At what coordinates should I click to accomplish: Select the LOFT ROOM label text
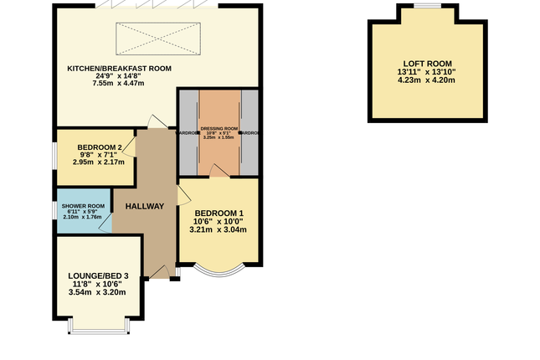(x=427, y=64)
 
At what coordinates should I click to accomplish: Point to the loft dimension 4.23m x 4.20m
(x=427, y=81)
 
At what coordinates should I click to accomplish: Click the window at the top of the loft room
(x=427, y=6)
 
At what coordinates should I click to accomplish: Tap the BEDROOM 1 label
(x=217, y=212)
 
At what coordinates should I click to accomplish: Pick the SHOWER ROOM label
(x=82, y=206)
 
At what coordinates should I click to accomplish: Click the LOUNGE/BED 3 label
(x=99, y=275)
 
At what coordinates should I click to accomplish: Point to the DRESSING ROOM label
(x=219, y=128)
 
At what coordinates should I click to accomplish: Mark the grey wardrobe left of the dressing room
(x=188, y=132)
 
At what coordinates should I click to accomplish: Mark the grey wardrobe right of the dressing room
(x=249, y=132)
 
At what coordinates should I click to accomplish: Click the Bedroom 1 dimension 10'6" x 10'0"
(x=217, y=221)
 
